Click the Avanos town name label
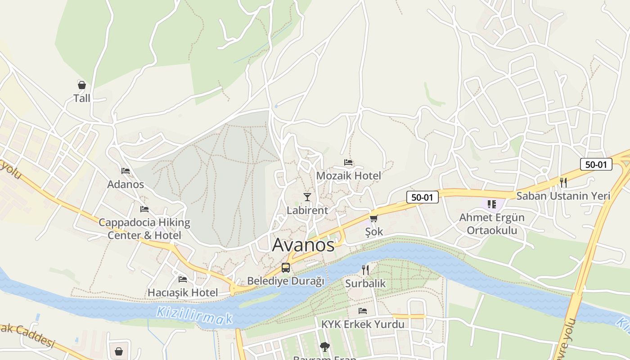[x=303, y=245]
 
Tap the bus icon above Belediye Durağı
[x=286, y=268]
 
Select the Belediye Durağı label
[x=286, y=281]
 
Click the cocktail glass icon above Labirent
[x=307, y=197]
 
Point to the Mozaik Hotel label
[x=349, y=175]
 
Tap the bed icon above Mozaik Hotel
[x=348, y=162]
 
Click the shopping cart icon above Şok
[x=373, y=218]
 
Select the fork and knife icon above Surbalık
[x=365, y=270]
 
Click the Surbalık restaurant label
[x=365, y=283]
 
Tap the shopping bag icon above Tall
[x=82, y=85]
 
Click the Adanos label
[x=126, y=184]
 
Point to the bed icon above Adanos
[x=126, y=171]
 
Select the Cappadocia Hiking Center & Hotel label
[x=144, y=229]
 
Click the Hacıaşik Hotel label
[x=183, y=292]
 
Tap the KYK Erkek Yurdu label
[x=363, y=324]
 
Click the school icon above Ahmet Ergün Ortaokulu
[x=492, y=204]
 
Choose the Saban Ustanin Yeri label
[x=563, y=196]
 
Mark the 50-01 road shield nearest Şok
[x=422, y=197]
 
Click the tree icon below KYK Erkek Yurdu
[x=324, y=346]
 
